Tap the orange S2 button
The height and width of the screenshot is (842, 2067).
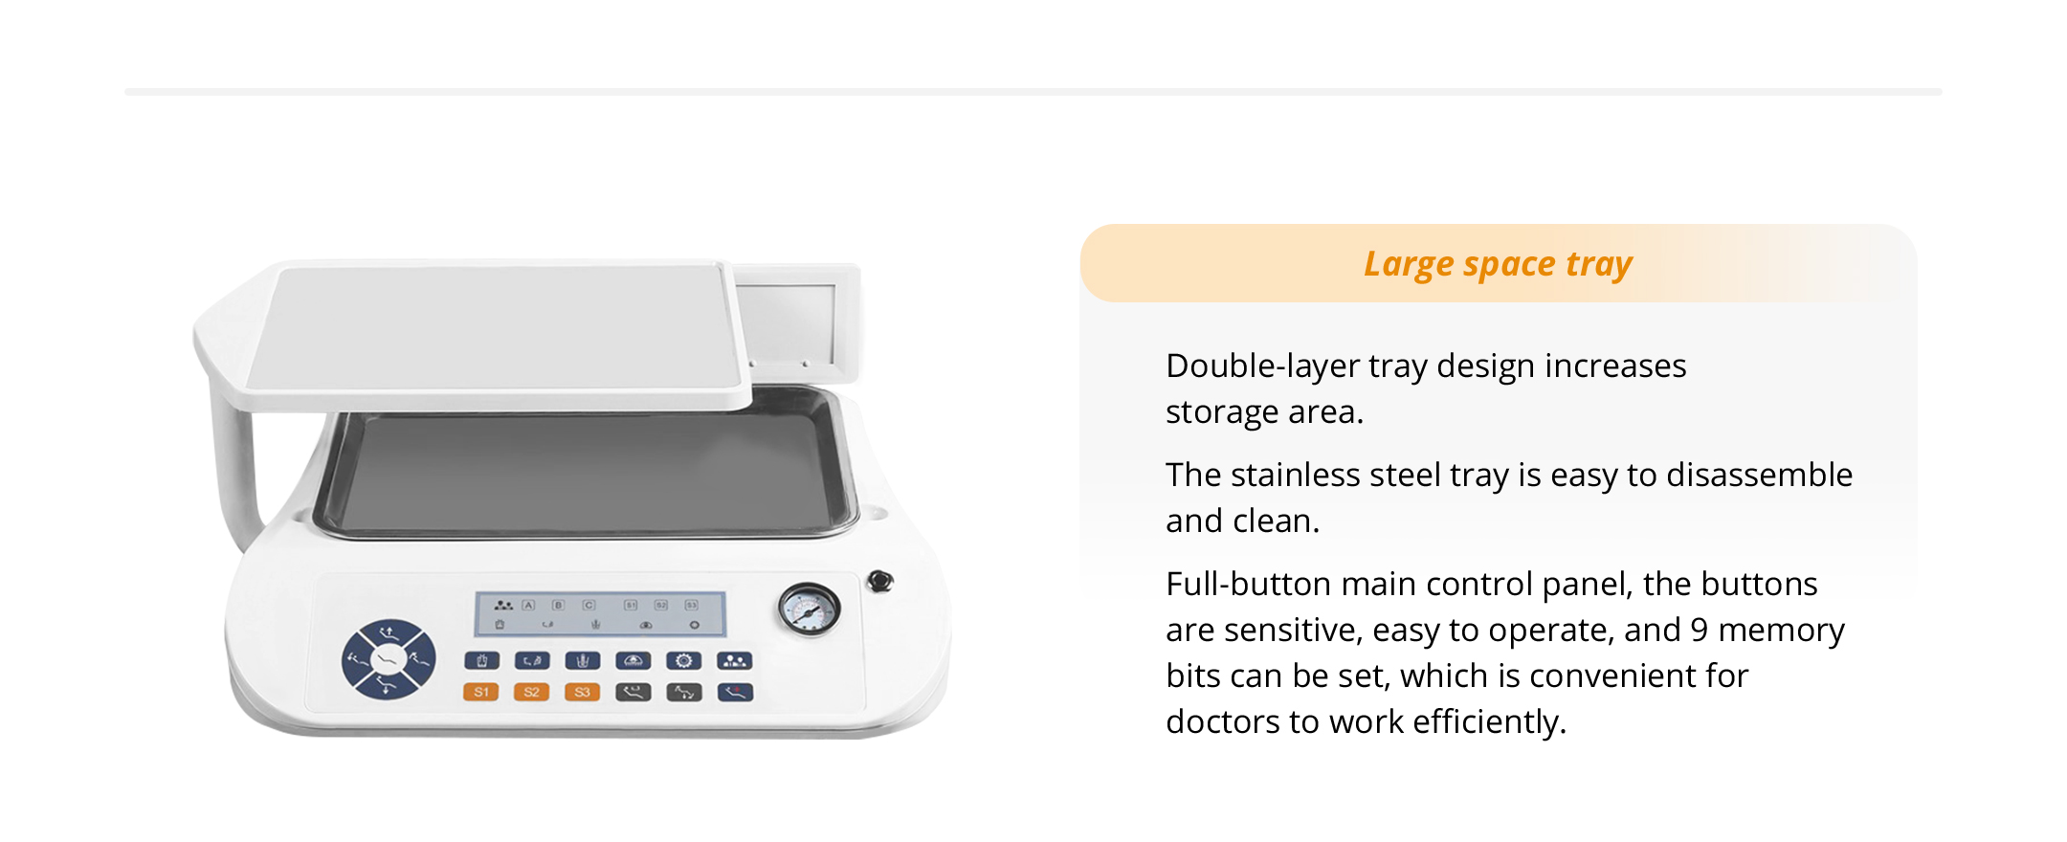[531, 691]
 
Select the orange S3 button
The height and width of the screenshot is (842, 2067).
[582, 691]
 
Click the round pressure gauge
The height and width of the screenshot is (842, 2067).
[809, 609]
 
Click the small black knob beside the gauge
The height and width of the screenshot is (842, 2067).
[879, 581]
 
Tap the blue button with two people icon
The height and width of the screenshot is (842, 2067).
[734, 660]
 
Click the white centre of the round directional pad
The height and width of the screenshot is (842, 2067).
[389, 658]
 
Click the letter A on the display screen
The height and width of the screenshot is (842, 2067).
[528, 605]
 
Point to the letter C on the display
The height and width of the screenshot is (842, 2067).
[589, 605]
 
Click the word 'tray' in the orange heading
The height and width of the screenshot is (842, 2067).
[1599, 264]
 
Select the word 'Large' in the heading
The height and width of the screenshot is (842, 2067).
[1409, 264]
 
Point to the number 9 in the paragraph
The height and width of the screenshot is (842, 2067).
[1699, 630]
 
